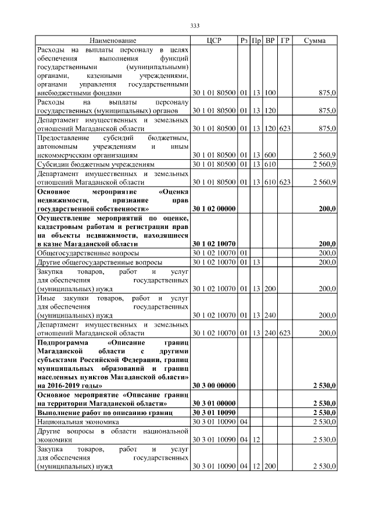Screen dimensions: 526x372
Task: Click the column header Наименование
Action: click(113, 41)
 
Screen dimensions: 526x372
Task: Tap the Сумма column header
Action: click(314, 41)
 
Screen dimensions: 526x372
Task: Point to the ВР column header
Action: click(270, 41)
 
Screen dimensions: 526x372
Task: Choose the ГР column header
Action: click(285, 41)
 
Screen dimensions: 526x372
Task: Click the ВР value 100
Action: click(270, 92)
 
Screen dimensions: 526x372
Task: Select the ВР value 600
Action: click(270, 156)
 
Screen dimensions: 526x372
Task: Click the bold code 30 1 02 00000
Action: click(213, 207)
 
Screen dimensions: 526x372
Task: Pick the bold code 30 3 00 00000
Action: click(213, 385)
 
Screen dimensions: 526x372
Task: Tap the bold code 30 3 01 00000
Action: click(213, 403)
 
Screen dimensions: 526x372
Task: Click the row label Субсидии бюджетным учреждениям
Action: click(95, 165)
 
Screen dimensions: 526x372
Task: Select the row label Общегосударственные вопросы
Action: click(88, 253)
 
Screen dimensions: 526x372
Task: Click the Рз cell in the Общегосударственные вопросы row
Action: click(244, 253)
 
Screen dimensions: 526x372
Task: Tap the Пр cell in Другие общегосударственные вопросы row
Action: click(256, 263)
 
